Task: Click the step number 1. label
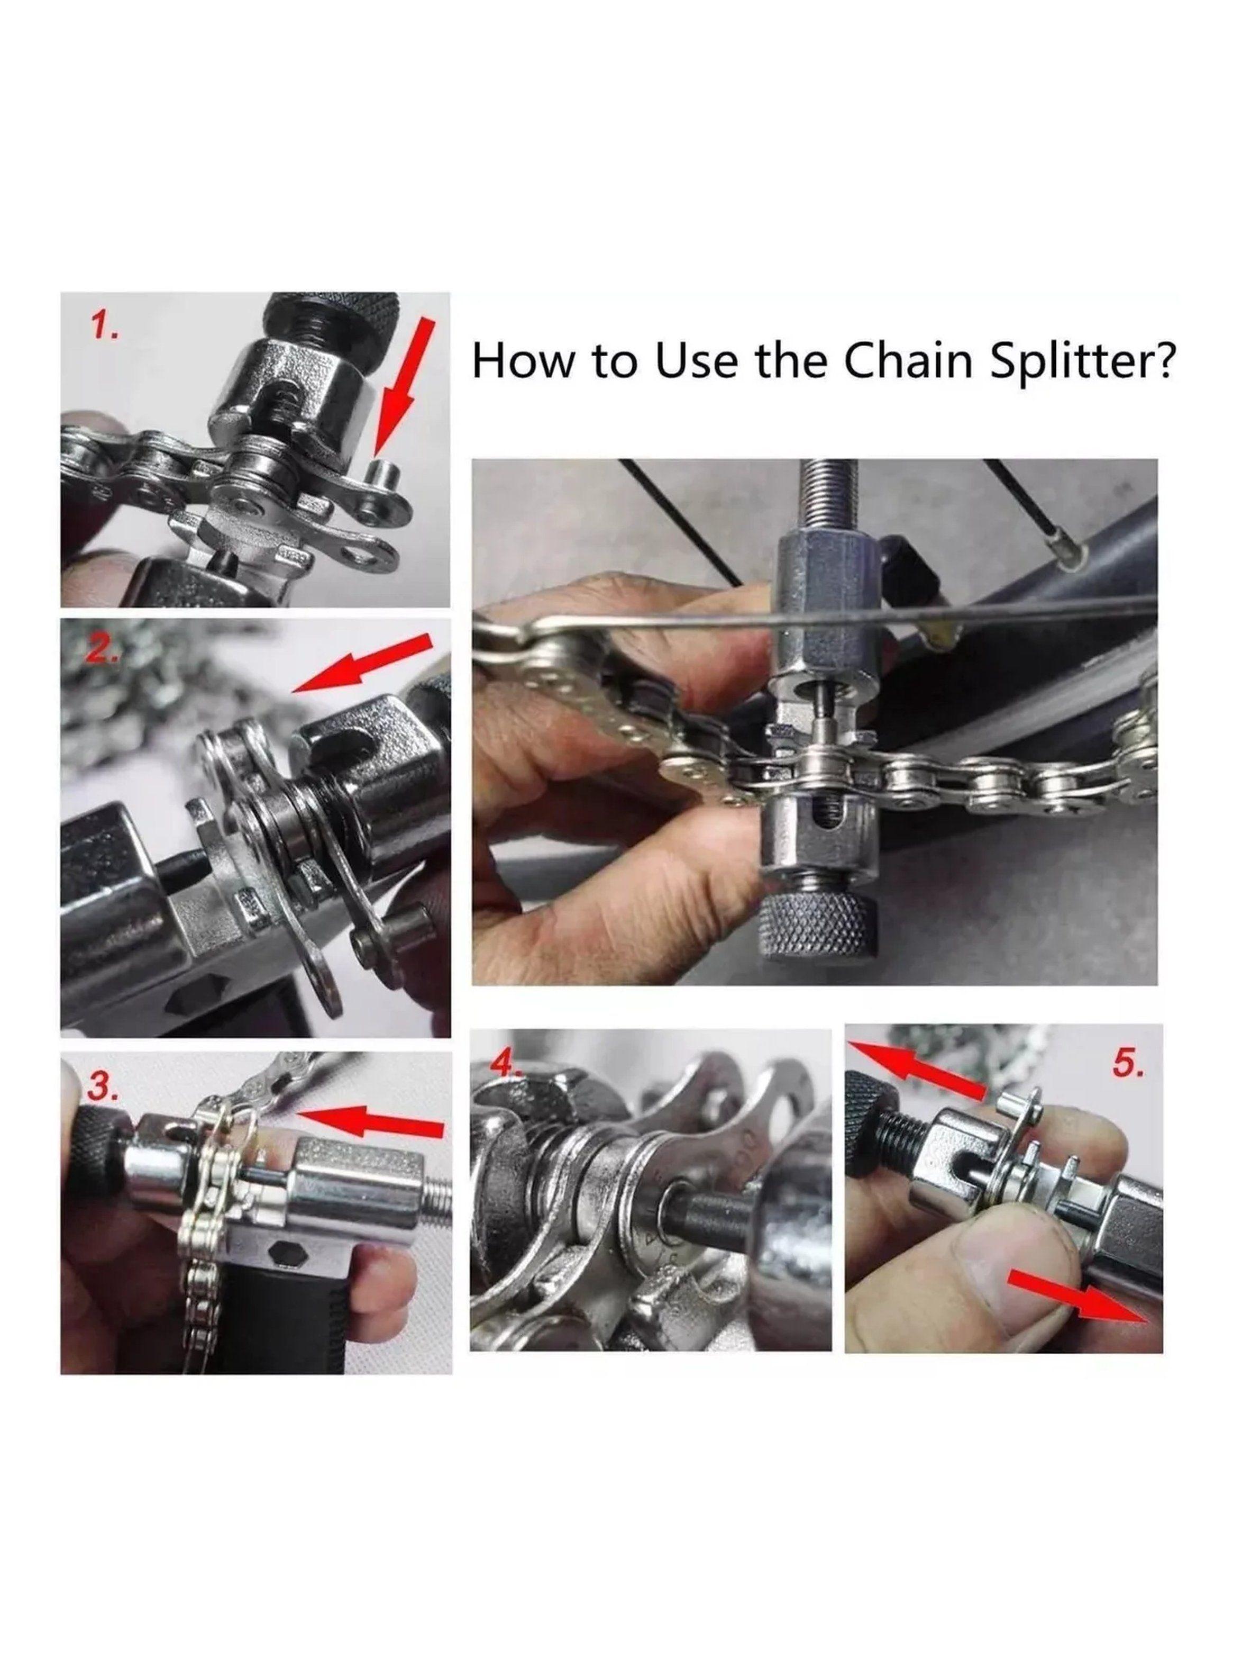tap(103, 328)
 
